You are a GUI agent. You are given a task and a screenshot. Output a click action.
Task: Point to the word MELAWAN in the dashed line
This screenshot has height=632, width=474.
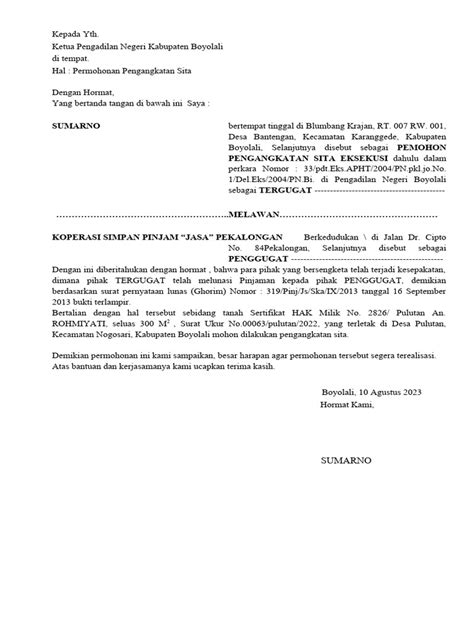249,215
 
